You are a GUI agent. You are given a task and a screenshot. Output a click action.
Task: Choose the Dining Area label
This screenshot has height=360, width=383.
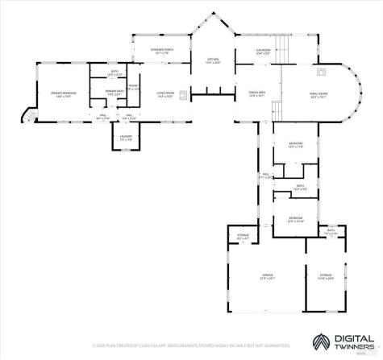(257, 93)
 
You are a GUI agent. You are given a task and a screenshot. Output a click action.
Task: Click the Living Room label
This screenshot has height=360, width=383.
(165, 93)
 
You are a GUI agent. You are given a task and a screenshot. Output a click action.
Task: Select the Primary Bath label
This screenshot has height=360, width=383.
(113, 93)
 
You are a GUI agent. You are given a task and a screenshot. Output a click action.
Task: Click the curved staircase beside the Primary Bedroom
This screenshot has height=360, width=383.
(28, 117)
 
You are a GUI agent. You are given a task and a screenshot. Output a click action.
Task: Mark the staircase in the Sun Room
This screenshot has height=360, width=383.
(281, 48)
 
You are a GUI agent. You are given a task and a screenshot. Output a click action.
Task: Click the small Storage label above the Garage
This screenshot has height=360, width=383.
(243, 235)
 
